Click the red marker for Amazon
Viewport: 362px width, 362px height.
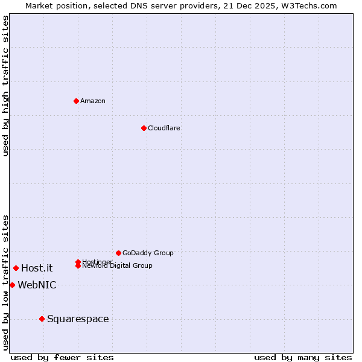76,101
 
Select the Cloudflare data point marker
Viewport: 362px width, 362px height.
144,128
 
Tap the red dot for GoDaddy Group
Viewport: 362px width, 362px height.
118,253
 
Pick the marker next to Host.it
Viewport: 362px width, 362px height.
16,268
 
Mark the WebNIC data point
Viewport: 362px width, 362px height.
12,285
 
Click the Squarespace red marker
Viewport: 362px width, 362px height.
42,319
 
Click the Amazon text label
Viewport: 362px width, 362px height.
93,101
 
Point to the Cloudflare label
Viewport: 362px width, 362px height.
164,128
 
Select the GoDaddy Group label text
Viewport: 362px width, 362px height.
148,253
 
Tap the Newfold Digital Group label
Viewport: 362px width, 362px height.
117,266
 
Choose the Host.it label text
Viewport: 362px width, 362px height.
37,268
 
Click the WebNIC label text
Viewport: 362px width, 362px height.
37,285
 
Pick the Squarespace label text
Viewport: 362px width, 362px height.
78,319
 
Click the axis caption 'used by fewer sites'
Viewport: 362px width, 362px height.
62,357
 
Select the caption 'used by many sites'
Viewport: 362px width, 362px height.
303,357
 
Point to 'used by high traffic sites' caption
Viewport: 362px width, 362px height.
5,86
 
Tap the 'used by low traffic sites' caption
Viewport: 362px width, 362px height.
5,282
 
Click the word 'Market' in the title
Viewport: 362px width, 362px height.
39,5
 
